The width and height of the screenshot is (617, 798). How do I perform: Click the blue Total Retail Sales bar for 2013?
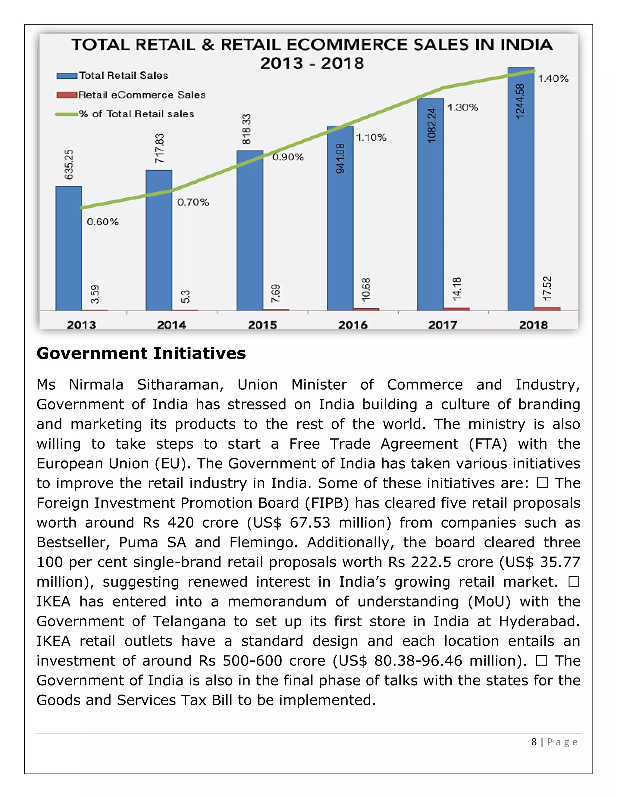click(x=69, y=248)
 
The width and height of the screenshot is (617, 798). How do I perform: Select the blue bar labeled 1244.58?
click(x=521, y=190)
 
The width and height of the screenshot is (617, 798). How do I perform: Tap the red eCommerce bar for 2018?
click(x=547, y=309)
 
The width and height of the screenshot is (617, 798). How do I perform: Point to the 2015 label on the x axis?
click(x=262, y=325)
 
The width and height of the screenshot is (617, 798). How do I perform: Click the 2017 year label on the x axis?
click(x=443, y=325)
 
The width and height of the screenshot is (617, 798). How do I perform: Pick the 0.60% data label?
click(x=103, y=222)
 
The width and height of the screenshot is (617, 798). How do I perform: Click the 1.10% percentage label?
click(x=371, y=137)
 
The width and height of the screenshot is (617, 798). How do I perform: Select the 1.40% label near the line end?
click(x=553, y=79)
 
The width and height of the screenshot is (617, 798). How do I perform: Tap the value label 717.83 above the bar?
click(x=159, y=148)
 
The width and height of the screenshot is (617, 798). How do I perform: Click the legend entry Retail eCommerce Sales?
click(x=142, y=95)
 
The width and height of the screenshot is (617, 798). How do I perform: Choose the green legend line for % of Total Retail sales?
click(x=67, y=114)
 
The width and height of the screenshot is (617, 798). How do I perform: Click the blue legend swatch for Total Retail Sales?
click(x=67, y=76)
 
